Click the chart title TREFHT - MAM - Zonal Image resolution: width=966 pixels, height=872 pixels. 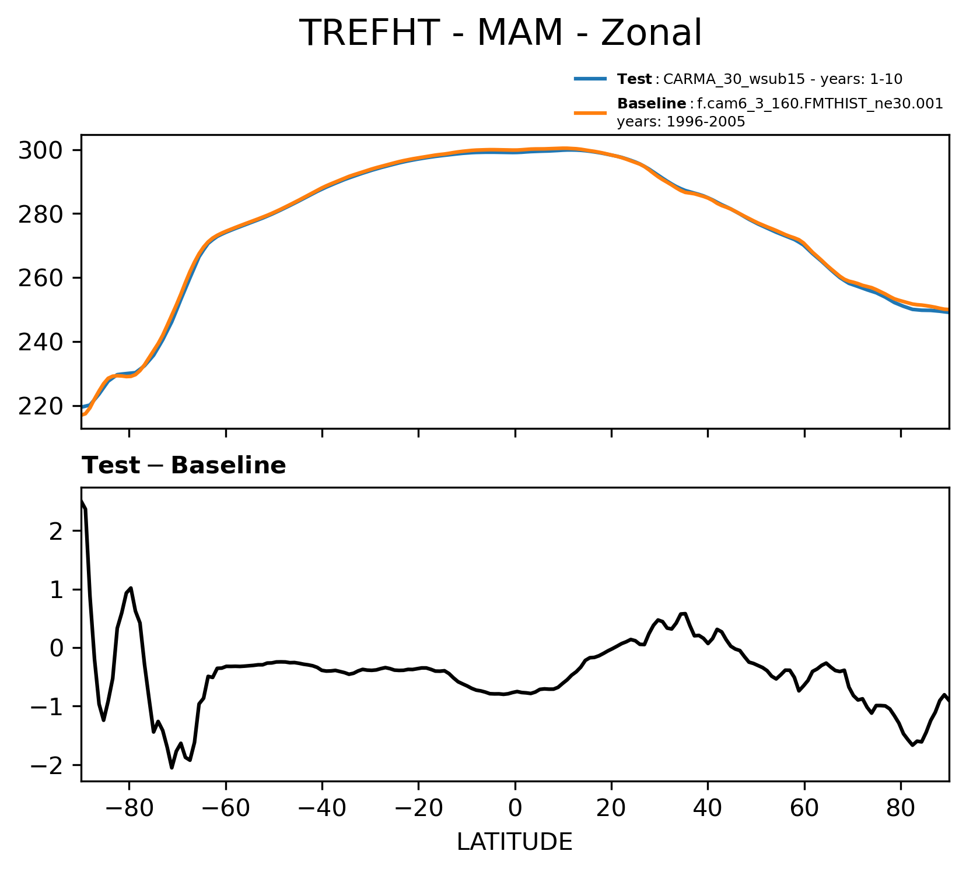[500, 33]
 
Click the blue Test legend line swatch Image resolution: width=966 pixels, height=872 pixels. [591, 79]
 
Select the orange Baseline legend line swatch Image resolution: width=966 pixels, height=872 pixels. [591, 113]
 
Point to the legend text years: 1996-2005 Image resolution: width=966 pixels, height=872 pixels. [681, 122]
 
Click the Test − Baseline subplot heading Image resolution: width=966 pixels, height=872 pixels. [184, 466]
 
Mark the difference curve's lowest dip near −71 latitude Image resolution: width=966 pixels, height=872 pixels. [172, 768]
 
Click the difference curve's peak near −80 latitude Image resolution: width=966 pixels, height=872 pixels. [131, 588]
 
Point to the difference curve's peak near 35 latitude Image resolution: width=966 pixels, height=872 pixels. [684, 613]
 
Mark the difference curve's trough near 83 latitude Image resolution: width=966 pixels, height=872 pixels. [912, 745]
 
